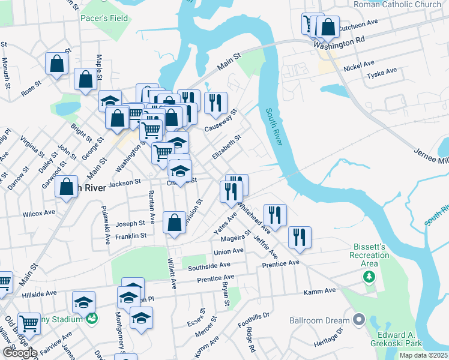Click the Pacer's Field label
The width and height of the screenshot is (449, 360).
[x=104, y=18]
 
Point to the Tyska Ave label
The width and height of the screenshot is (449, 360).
[x=382, y=72]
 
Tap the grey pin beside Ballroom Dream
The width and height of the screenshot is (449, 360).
[x=359, y=320]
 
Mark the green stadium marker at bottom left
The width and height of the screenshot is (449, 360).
[x=91, y=319]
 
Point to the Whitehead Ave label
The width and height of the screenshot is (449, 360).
[x=254, y=217]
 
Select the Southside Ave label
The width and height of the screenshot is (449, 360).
[x=208, y=265]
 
